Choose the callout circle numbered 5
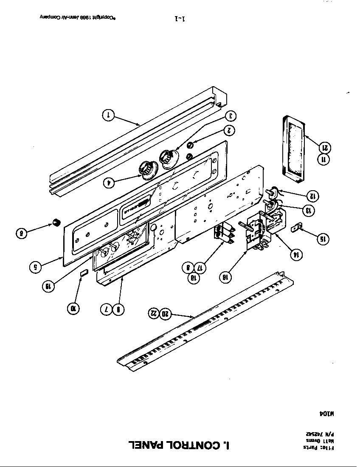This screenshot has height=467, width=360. [x=36, y=267]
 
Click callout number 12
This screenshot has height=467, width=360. [x=313, y=196]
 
